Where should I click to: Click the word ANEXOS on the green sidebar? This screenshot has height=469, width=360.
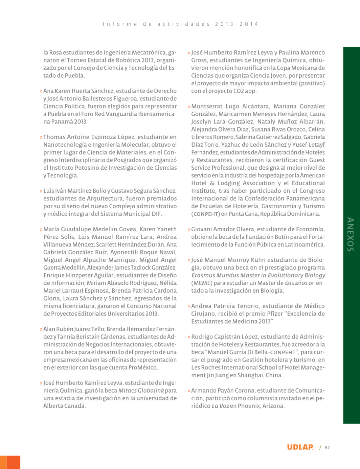(x=351, y=234)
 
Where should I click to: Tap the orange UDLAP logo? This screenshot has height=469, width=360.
(x=300, y=447)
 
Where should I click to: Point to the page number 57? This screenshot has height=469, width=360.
(x=327, y=448)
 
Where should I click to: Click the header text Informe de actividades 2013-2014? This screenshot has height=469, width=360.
(x=181, y=24)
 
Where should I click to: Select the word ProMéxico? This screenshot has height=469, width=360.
(x=144, y=367)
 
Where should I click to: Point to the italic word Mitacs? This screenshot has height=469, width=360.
(x=127, y=391)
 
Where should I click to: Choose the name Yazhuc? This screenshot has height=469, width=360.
(x=231, y=145)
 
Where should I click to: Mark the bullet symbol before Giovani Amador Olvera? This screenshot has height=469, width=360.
(x=189, y=229)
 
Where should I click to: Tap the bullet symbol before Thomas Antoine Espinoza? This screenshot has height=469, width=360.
(x=41, y=137)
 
